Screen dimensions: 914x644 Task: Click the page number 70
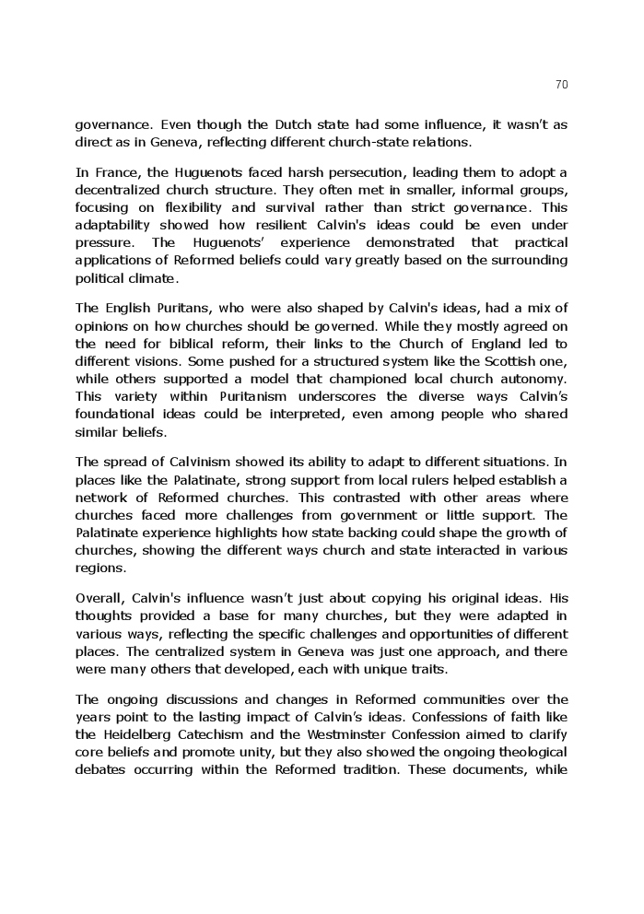coord(562,85)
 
